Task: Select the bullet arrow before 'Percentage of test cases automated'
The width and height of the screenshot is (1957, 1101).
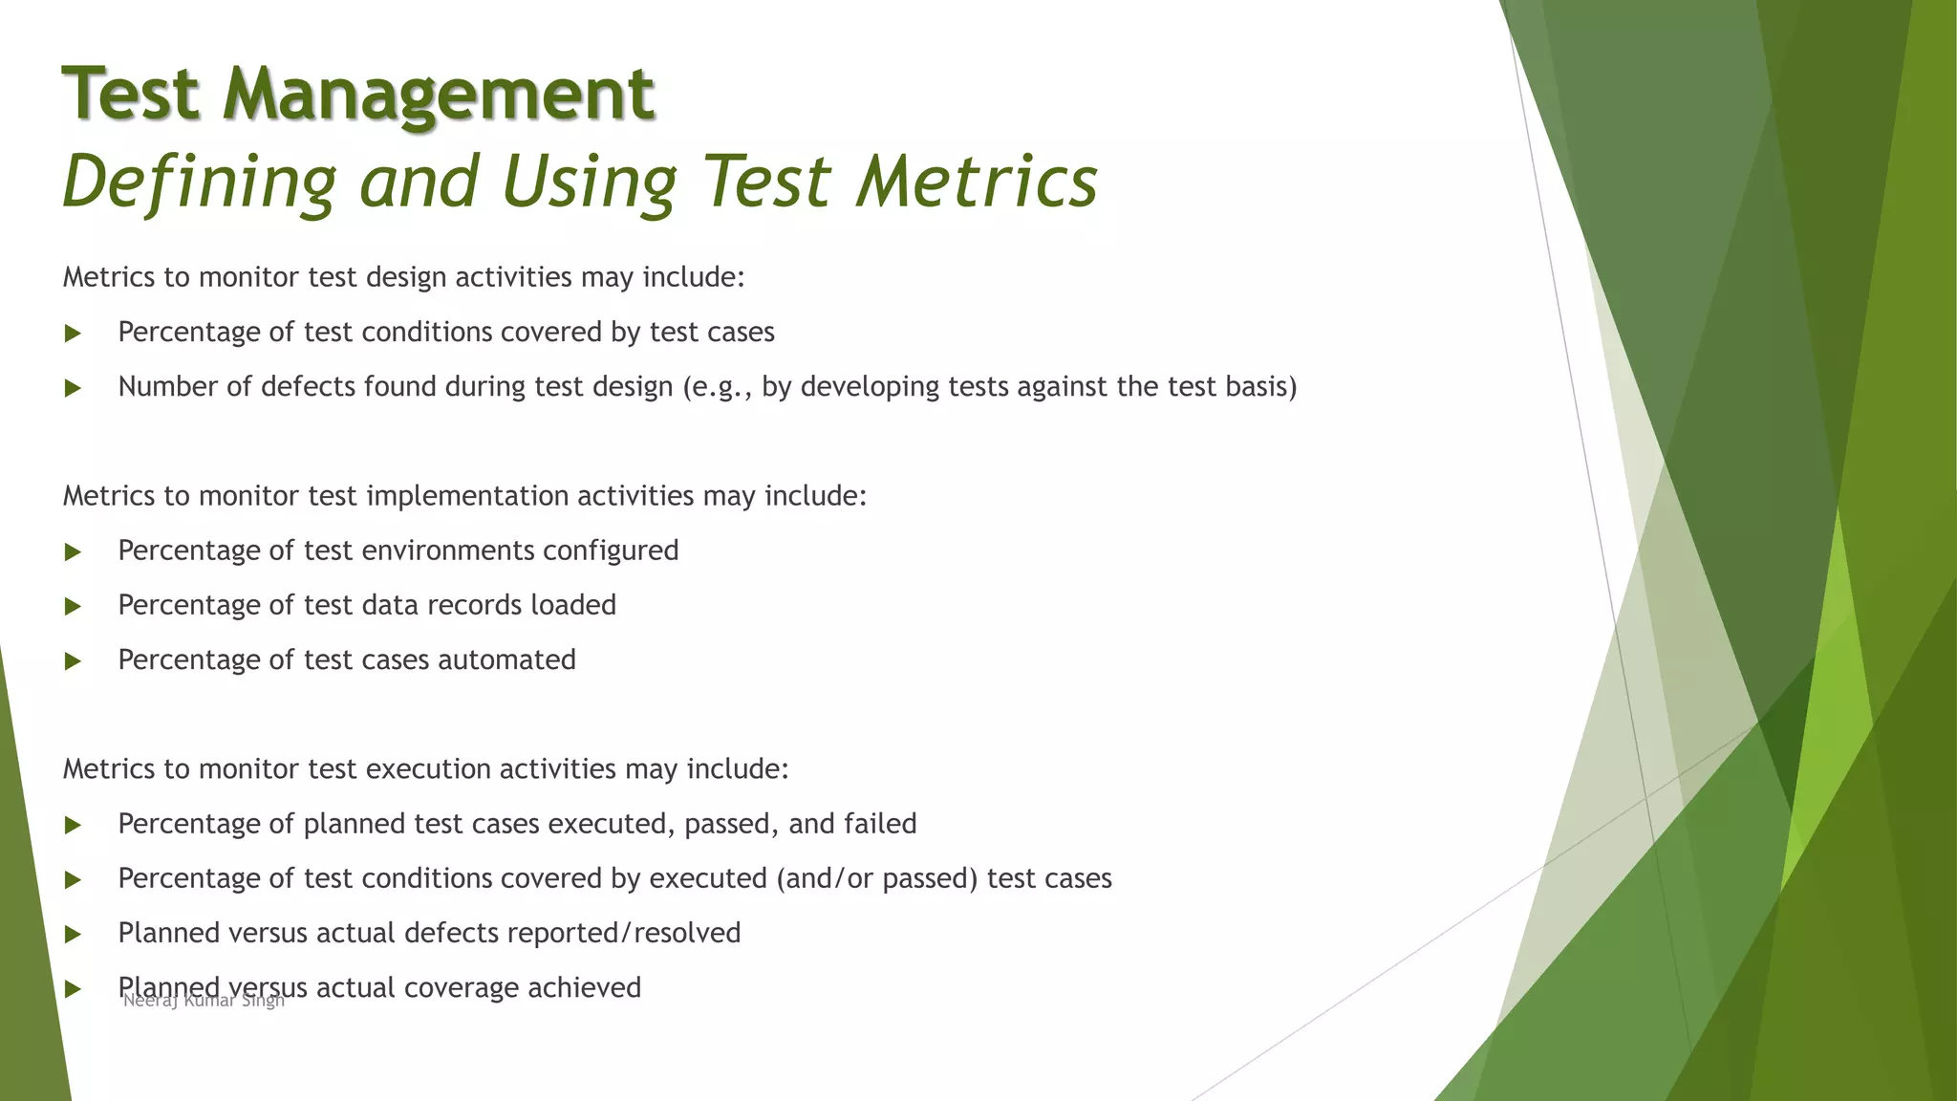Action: [73, 661]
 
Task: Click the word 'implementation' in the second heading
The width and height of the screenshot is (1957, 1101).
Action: [467, 496]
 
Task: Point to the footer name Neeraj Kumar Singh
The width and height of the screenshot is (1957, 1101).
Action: [204, 1001]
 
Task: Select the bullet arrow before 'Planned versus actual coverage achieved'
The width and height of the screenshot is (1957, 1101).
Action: [73, 989]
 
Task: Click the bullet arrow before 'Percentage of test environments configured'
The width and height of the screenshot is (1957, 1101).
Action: [73, 551]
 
